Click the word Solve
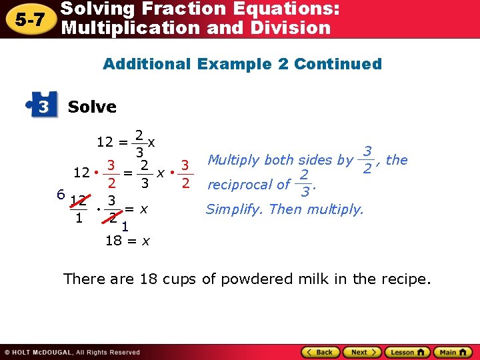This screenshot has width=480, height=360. pos(92,107)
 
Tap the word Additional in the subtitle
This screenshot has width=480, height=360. pos(145,64)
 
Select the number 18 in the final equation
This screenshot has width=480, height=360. pos(113,241)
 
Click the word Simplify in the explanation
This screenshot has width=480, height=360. pos(233,209)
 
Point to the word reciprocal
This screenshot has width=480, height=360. pos(240,185)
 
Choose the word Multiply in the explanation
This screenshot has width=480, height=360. pos(234,159)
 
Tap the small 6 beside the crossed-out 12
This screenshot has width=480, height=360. pos(60,194)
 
